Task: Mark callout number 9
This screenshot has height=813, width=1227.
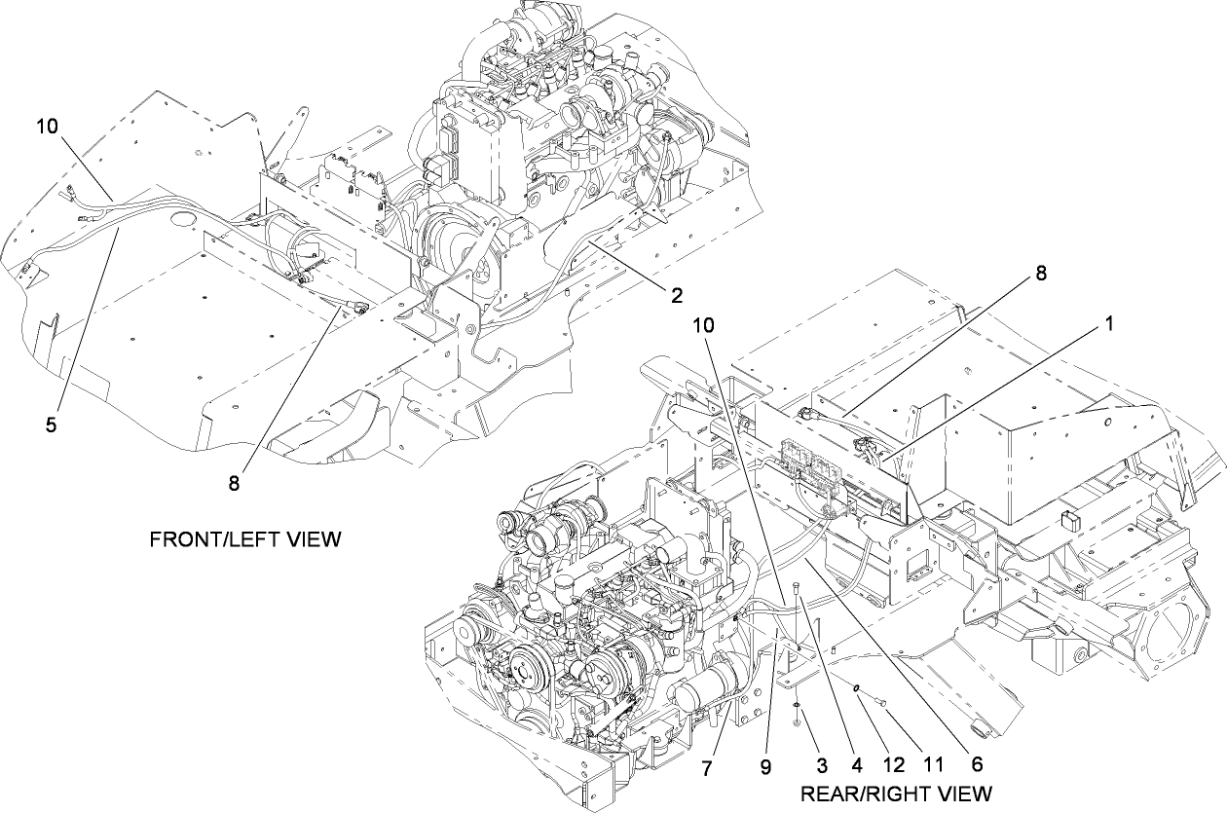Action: [x=766, y=767]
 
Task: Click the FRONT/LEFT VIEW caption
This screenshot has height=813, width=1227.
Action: [x=245, y=539]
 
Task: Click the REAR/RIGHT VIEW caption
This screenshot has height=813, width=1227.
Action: [x=896, y=793]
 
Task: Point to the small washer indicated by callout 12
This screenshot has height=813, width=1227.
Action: [x=854, y=688]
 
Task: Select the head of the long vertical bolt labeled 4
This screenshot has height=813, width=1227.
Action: [x=798, y=584]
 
